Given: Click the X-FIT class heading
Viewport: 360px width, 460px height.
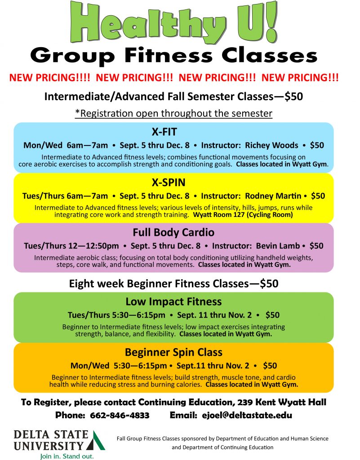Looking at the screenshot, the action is [x=164, y=132].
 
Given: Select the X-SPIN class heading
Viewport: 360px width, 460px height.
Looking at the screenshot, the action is [x=169, y=182].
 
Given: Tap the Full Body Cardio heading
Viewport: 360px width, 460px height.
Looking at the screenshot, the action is [x=173, y=232].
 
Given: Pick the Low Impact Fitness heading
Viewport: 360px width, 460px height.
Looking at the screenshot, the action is [x=173, y=301].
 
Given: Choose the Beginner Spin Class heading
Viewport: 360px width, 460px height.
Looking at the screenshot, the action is [x=173, y=352].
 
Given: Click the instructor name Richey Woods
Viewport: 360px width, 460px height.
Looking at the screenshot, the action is [x=271, y=145].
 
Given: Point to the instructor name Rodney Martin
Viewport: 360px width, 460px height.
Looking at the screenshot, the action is [x=273, y=196].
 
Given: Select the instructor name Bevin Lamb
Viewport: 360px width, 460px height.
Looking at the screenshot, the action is [x=278, y=246].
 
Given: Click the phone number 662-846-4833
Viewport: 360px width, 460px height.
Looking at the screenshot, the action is [x=120, y=416].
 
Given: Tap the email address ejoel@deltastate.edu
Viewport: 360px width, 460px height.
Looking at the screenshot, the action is [x=247, y=416].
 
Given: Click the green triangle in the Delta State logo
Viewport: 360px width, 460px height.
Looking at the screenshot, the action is [x=96, y=440].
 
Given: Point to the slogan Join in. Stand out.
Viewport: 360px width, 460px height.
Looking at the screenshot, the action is [x=67, y=456].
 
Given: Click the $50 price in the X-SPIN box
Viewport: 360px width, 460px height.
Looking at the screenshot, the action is [x=318, y=196].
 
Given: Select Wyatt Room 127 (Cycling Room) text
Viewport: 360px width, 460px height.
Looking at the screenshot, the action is [x=243, y=215].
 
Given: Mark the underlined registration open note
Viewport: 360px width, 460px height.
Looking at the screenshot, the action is [x=173, y=113].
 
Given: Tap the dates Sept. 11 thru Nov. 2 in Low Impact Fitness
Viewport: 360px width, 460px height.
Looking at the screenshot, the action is [x=214, y=315].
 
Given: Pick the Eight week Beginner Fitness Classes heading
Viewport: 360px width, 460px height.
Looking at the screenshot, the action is [x=173, y=284].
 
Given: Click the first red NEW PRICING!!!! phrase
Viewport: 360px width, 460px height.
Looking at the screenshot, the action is [x=49, y=78].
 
